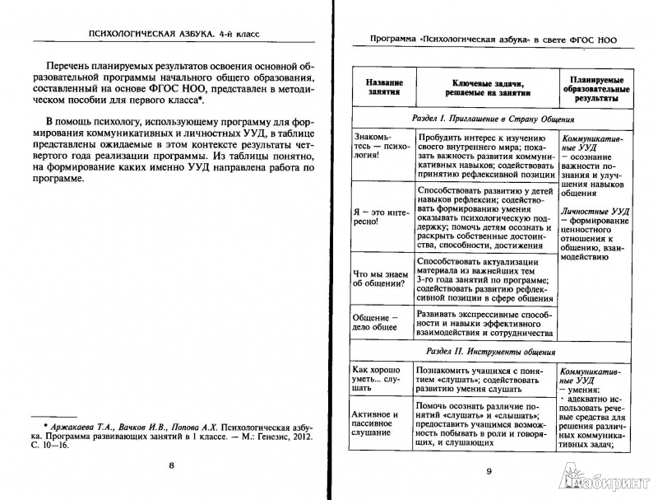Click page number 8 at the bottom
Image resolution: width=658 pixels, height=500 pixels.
(x=171, y=467)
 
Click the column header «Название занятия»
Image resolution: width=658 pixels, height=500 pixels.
(x=379, y=88)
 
